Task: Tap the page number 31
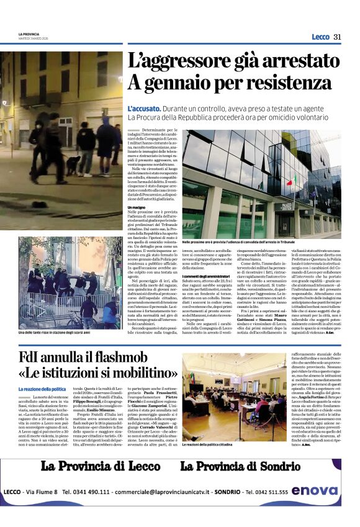click(x=337, y=37)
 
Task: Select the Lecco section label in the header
click(x=320, y=37)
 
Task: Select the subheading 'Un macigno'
click(x=138, y=207)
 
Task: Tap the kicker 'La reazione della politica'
click(x=42, y=389)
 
